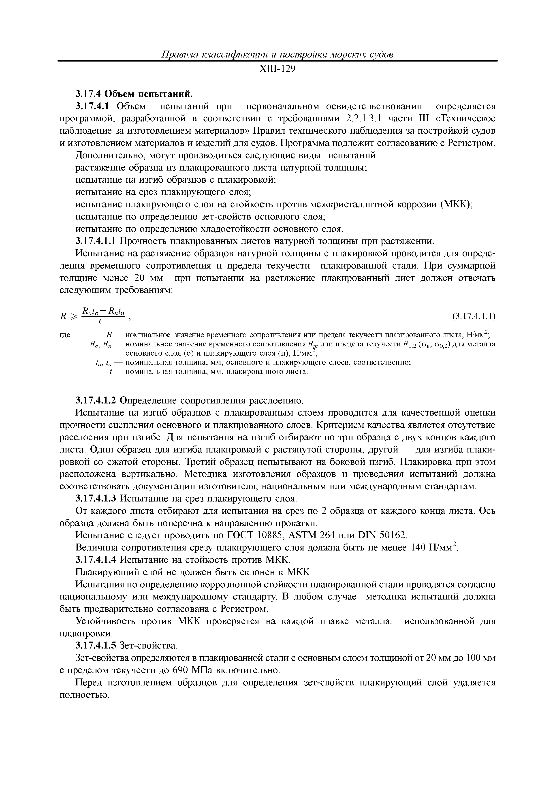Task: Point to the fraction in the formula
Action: (x=103, y=317)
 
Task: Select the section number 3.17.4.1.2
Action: (x=96, y=400)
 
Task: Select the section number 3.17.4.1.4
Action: (x=96, y=560)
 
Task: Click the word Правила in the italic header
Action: (x=179, y=55)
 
